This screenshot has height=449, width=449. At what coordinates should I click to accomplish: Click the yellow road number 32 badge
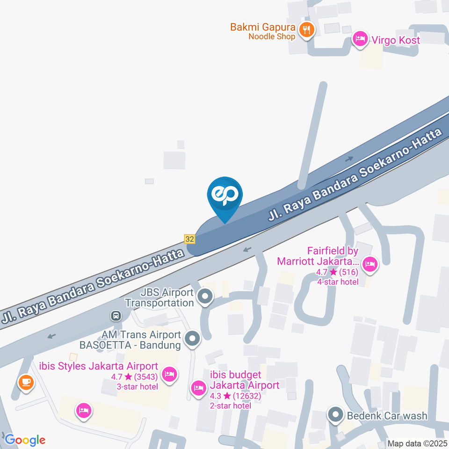189,239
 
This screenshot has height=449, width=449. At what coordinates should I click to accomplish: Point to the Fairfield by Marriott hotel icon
370,265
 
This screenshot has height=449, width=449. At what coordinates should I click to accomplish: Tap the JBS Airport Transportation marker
204,296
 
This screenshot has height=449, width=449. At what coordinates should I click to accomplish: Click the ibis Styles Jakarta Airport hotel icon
169,374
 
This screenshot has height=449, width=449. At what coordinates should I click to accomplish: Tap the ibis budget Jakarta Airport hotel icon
198,388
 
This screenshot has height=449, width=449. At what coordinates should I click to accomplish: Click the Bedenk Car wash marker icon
335,414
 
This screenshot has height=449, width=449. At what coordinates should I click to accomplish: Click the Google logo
25,440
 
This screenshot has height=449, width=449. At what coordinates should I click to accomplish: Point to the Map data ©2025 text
417,443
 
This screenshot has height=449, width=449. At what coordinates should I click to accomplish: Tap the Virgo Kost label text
395,40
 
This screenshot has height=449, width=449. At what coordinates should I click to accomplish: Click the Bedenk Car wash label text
387,415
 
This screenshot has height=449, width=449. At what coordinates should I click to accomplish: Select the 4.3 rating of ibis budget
216,395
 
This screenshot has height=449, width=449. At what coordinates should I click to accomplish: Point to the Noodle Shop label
272,36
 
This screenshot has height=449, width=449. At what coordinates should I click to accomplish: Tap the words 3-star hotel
138,386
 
